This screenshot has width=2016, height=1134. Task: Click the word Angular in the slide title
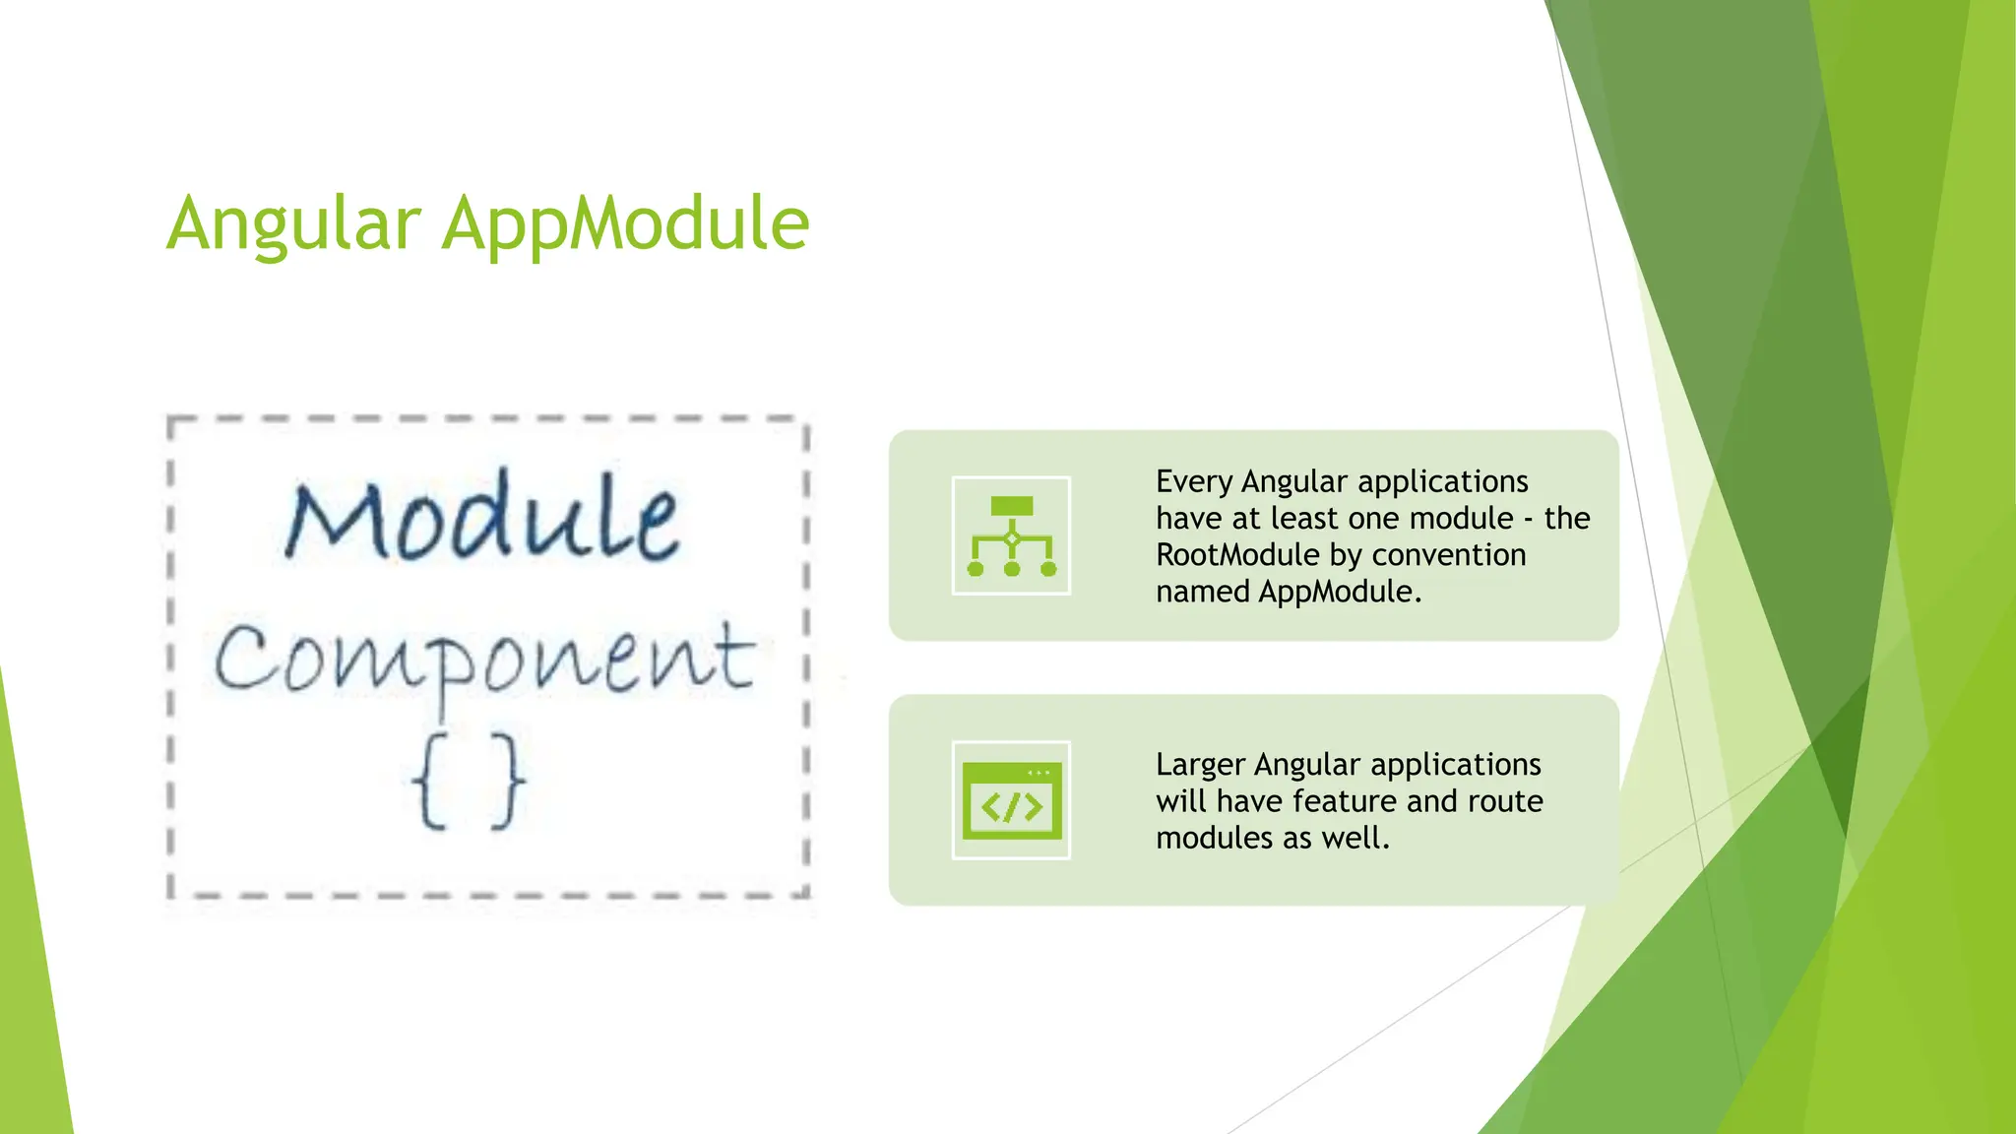[x=293, y=224]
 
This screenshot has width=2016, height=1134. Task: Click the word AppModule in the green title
[x=625, y=224]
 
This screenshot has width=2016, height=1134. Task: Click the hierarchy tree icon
[x=1011, y=535]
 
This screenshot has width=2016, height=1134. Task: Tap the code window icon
[x=1011, y=800]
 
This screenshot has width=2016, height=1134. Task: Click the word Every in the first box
[x=1194, y=481]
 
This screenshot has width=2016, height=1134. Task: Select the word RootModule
[x=1237, y=555]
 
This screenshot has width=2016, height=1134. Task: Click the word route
[x=1505, y=801]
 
